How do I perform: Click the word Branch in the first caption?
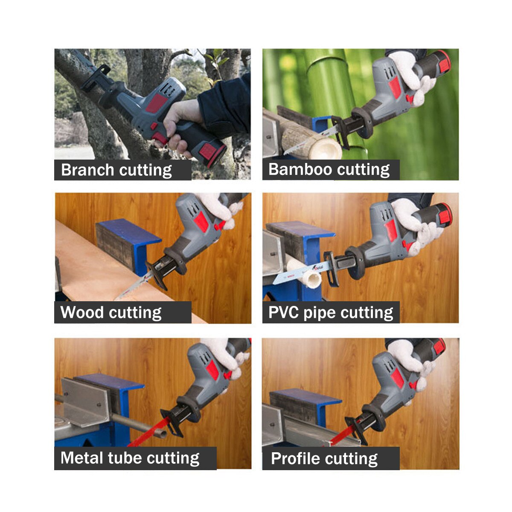(x=88, y=170)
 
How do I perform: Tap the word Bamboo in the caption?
(x=298, y=169)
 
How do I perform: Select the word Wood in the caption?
(x=81, y=312)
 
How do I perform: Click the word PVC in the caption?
(x=284, y=312)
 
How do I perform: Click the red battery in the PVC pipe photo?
(x=444, y=215)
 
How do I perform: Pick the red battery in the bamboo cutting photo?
(x=443, y=62)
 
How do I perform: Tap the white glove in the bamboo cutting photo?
(x=407, y=73)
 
